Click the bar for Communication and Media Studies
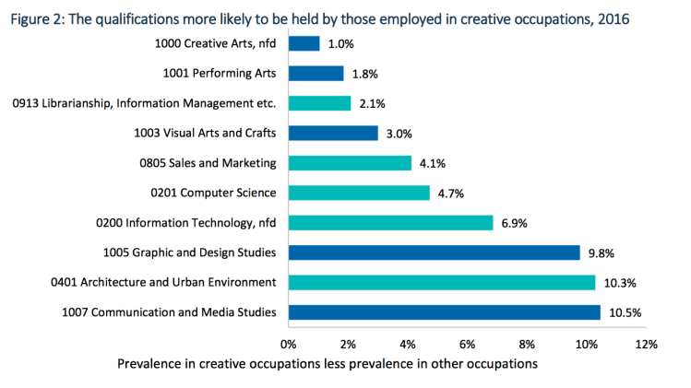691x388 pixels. pos(445,312)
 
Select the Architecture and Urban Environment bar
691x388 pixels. pos(442,282)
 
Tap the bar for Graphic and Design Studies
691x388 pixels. pos(435,253)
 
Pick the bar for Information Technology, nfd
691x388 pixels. pos(391,222)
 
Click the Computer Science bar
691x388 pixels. pos(359,193)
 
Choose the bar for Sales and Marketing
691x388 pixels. pos(350,163)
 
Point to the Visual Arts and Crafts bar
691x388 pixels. pos(333,133)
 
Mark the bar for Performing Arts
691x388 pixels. pos(316,73)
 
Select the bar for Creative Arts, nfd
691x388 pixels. pos(304,43)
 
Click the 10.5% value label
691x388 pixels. pos(625,312)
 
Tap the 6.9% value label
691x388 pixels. pos(514,223)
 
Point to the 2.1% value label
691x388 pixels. pos(371,103)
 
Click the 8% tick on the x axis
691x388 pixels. pos(527,344)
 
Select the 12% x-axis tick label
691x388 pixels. pos(645,344)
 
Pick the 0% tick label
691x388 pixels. pos(289,344)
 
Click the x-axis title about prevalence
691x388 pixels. pos(328,365)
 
